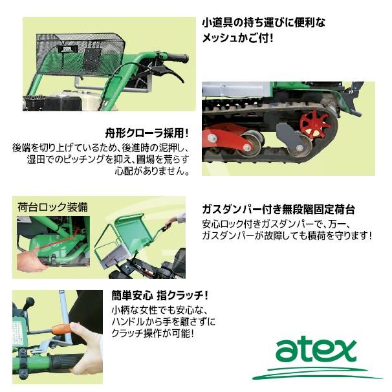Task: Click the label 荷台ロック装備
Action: [x=53, y=208]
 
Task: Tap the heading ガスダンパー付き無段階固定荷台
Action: [x=278, y=210]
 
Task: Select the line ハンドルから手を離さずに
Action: [x=163, y=321]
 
